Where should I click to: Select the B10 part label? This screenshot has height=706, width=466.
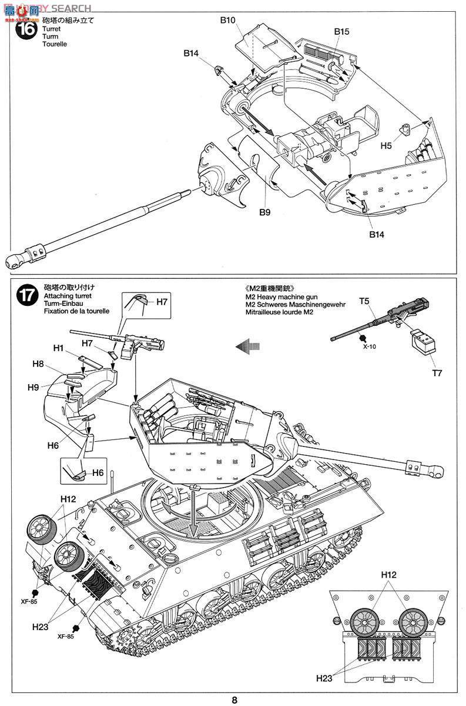click(228, 20)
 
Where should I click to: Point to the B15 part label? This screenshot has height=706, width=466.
click(342, 31)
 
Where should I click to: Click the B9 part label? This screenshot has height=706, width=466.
click(264, 212)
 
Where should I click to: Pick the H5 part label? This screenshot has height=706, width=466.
click(386, 145)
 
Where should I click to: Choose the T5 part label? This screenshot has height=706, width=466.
click(365, 301)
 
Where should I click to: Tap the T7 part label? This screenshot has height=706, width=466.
click(437, 372)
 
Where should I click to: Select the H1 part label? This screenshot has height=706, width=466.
click(58, 348)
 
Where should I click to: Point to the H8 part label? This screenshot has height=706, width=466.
click(38, 364)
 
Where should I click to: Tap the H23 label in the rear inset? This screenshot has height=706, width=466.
click(324, 678)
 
